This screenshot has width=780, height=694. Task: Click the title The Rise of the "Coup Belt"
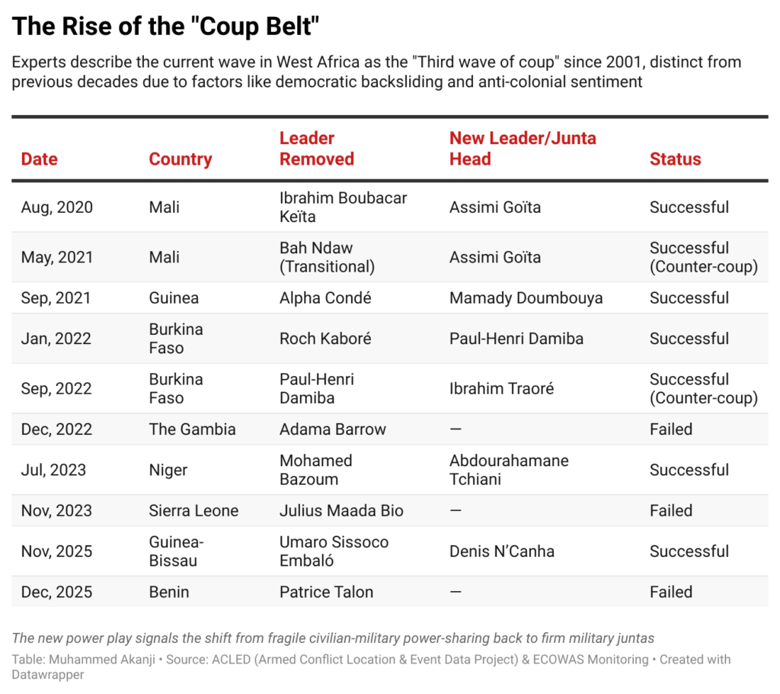165,27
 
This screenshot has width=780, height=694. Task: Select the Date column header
40,159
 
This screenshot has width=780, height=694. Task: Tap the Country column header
181,159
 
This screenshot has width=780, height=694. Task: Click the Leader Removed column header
317,149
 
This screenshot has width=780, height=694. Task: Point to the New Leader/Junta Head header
523,149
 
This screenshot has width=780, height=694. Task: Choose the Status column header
675,159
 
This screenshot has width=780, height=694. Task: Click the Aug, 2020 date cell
57,207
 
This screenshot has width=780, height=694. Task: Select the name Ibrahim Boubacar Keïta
343,207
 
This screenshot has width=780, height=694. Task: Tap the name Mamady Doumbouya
526,298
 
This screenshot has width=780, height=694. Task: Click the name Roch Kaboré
325,339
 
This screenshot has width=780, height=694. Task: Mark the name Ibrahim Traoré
501,389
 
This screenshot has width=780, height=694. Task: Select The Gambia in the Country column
192,429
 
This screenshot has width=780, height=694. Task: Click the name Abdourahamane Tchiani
509,470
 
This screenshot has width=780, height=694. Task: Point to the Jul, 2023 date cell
53,470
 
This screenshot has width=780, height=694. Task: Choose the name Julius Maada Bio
341,511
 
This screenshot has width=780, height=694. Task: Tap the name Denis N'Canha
501,551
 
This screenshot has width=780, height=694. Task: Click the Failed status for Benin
670,592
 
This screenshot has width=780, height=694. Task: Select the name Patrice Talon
326,592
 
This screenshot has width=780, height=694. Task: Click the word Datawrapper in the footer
47,675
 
